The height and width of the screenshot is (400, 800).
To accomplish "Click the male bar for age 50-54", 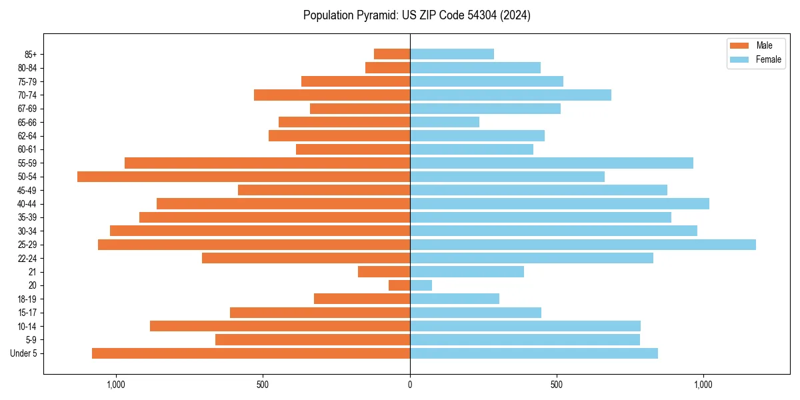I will point(243,177).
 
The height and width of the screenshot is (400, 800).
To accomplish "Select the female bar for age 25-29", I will point(583,245).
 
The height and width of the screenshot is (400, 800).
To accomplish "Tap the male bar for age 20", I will point(399,285).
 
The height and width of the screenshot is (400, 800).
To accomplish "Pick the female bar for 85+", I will point(452,54).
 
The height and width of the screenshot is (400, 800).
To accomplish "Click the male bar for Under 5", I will point(251,353).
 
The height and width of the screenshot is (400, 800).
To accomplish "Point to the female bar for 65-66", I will point(445,122).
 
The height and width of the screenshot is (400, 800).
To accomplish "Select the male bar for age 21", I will point(384,272).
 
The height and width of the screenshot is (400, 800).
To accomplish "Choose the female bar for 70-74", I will point(511,95).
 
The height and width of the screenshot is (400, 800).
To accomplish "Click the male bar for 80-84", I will point(388,68).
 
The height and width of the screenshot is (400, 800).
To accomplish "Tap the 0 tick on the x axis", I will point(410,385).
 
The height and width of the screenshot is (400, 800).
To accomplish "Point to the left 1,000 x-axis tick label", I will point(116,385).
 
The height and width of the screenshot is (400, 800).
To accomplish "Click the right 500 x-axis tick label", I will point(557,385).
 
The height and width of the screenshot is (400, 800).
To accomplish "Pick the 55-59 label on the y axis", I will point(27,163).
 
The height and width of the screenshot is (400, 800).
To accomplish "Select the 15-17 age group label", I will point(27,313).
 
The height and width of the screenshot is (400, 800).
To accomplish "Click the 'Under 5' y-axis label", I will point(24,353).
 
